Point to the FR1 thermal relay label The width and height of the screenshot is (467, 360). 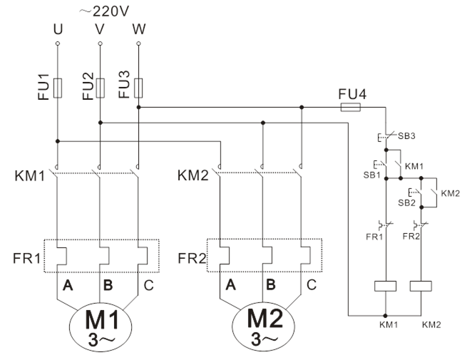26,256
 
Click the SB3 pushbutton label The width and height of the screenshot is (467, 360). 406,136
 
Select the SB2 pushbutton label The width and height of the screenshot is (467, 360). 406,202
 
